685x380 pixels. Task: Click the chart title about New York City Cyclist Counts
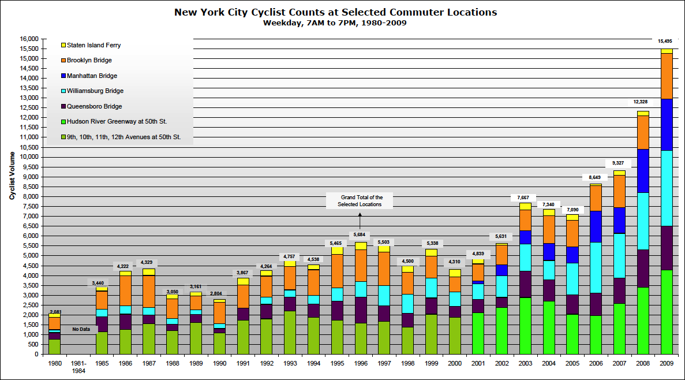335,12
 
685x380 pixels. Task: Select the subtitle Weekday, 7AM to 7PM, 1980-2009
335,23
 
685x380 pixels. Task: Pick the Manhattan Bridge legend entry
92,76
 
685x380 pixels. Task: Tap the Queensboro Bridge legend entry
94,106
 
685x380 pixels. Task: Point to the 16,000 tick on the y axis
29,39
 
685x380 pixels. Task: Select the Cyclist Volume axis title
12,176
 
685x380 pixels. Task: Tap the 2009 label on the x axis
667,363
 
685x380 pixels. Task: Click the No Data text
81,330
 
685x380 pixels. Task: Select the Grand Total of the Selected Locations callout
360,201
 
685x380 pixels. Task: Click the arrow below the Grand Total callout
360,221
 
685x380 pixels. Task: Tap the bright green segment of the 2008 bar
643,321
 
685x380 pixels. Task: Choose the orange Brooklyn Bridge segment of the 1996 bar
361,266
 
